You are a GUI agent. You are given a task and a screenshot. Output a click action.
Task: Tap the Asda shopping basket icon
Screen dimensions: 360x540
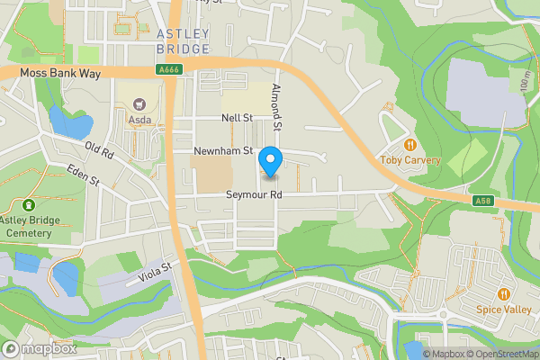point(139,104)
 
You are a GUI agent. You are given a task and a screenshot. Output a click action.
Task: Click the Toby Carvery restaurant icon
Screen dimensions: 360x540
point(411,145)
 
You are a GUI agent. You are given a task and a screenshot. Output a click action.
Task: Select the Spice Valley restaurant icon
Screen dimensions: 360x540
point(503,293)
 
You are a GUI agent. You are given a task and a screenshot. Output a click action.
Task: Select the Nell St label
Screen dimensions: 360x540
point(238,118)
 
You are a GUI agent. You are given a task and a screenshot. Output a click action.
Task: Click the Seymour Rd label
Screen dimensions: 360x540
point(254,194)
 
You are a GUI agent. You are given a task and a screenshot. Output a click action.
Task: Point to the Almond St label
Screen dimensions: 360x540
point(277,107)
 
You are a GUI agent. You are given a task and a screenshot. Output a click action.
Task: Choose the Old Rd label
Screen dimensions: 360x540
point(99,149)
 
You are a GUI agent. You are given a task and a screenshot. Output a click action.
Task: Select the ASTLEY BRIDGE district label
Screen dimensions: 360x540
point(184,41)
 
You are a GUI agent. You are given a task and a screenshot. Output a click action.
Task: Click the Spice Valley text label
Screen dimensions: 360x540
point(503,309)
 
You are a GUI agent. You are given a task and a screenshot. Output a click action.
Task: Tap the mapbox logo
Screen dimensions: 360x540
point(40,348)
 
